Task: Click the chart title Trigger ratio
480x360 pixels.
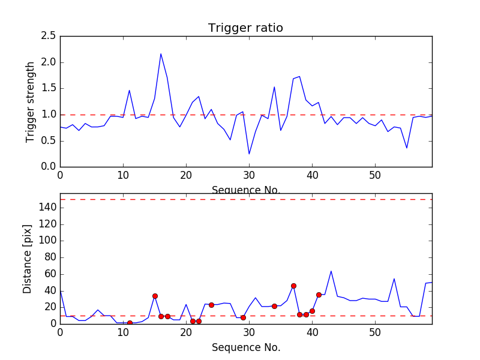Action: coord(245,28)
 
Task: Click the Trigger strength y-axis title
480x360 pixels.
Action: coord(31,101)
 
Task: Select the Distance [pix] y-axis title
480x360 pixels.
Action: coord(28,259)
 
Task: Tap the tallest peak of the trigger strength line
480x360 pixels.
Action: coord(161,54)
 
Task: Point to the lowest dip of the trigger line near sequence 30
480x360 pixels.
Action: coord(249,154)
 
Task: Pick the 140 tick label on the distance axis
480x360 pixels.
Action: coord(47,208)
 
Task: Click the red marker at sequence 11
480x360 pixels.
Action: coord(130,323)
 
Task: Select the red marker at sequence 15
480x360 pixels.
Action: coord(155,296)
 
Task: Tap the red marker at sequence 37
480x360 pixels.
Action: coord(293,286)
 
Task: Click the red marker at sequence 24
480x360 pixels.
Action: coord(211,305)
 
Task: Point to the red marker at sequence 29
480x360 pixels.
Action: coord(243,317)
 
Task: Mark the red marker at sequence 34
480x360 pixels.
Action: coord(274,306)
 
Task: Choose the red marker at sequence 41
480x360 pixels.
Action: coord(319,295)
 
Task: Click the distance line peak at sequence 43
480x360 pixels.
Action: coord(331,271)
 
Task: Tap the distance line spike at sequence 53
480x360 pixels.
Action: coord(394,278)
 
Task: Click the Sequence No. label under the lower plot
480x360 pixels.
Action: coord(245,347)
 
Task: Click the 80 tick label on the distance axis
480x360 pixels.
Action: coord(49,257)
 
